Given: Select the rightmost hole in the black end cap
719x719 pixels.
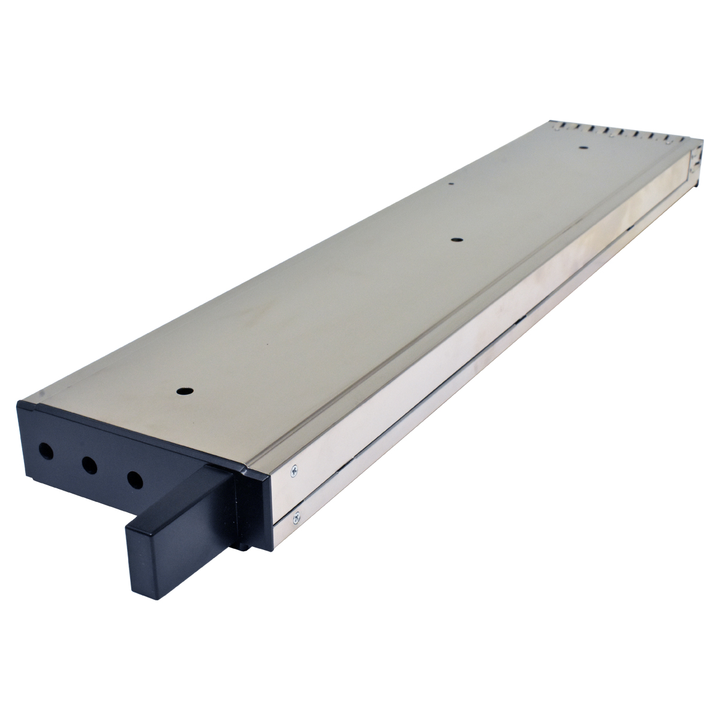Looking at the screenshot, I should pyautogui.click(x=135, y=479).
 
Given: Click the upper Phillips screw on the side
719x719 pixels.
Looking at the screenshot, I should pyautogui.click(x=294, y=472).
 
